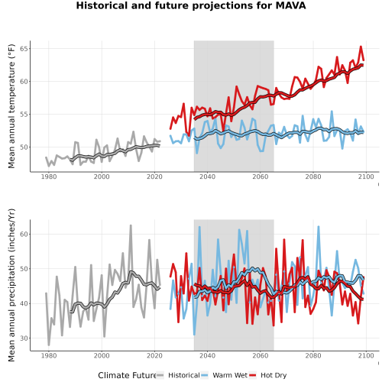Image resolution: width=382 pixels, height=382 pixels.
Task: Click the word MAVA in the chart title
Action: click(x=290, y=5)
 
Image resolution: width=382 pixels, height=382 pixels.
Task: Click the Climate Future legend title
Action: click(x=127, y=375)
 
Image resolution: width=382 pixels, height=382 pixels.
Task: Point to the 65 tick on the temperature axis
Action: click(x=24, y=49)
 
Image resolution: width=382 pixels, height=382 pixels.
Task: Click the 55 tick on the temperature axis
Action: click(x=24, y=115)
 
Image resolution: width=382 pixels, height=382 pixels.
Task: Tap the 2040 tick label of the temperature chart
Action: click(x=207, y=176)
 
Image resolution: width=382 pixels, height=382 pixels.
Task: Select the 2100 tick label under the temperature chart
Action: click(x=366, y=176)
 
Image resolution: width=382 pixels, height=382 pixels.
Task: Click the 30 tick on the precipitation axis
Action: click(x=24, y=338)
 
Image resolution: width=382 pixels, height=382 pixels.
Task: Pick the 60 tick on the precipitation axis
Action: click(x=24, y=234)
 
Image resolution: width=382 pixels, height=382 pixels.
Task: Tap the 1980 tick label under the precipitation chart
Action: click(x=49, y=355)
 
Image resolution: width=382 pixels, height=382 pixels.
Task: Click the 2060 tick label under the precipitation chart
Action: click(x=261, y=355)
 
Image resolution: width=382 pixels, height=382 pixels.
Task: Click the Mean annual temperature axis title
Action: click(x=11, y=106)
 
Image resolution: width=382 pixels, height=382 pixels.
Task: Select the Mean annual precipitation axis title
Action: click(x=11, y=285)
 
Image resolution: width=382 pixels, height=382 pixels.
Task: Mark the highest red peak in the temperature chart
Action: click(x=361, y=47)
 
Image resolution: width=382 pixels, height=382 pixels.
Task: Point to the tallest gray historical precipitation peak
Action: click(x=131, y=225)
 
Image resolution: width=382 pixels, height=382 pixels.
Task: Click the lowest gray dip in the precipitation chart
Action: click(x=49, y=345)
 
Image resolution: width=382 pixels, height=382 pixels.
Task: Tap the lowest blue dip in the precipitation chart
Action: click(x=194, y=335)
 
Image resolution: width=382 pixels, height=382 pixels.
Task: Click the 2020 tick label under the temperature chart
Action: click(x=154, y=176)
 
